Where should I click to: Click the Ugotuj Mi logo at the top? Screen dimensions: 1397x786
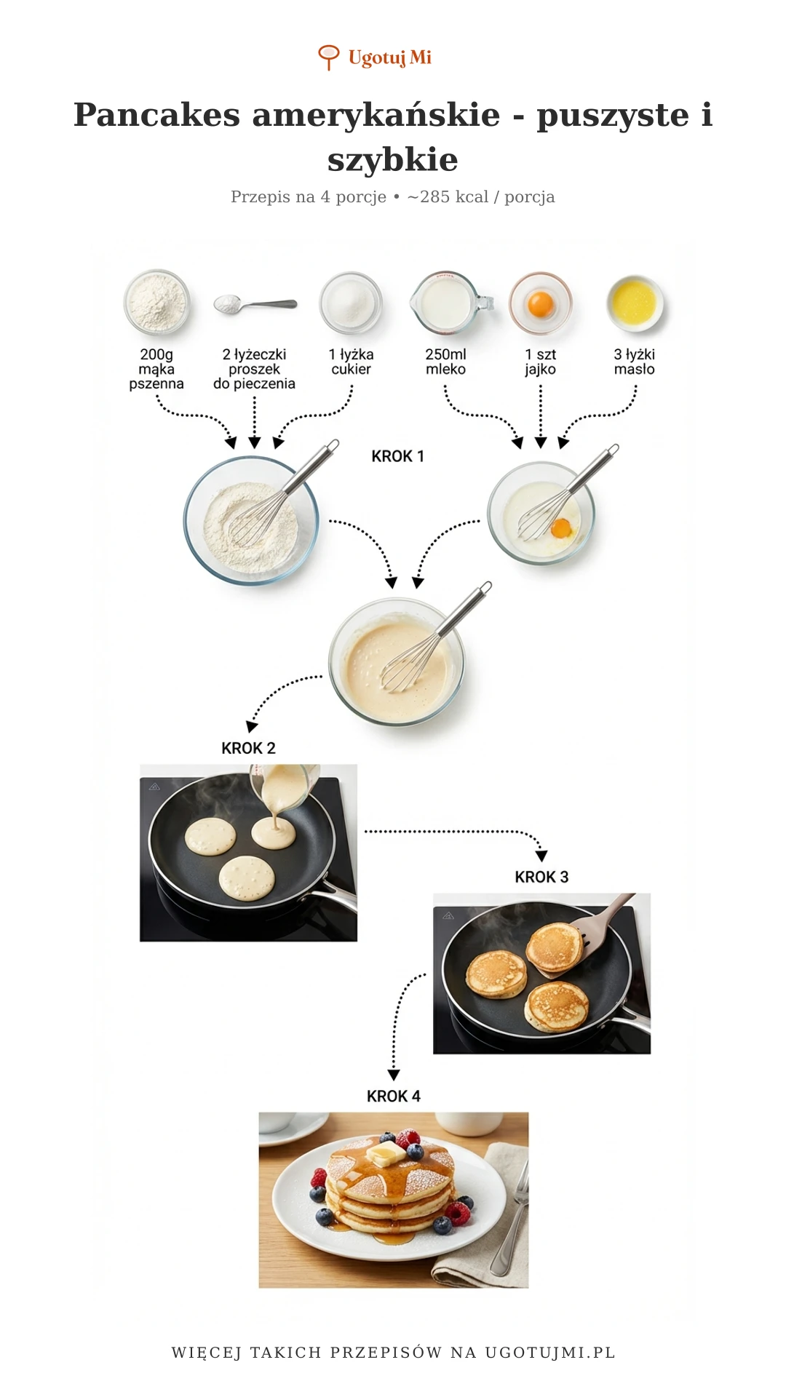376,57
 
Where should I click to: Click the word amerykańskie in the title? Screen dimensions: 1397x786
376,115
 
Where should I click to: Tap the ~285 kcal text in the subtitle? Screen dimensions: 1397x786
447,197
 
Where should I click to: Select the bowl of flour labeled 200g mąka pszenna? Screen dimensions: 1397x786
156,302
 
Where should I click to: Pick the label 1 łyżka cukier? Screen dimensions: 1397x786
351,362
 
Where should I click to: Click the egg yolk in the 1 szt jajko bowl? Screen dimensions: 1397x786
541,303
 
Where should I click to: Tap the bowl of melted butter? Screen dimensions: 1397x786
635,302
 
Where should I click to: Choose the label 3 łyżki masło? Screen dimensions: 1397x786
634,362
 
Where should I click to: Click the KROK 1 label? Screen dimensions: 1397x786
397,456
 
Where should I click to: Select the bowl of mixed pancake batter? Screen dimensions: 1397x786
397,662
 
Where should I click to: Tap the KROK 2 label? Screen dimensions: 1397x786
248,748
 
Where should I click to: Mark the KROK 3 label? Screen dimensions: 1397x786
541,877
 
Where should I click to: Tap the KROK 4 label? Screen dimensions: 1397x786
393,1096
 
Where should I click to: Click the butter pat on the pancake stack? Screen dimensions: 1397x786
386,1153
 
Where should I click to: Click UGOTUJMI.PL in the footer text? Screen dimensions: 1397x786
550,1353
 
